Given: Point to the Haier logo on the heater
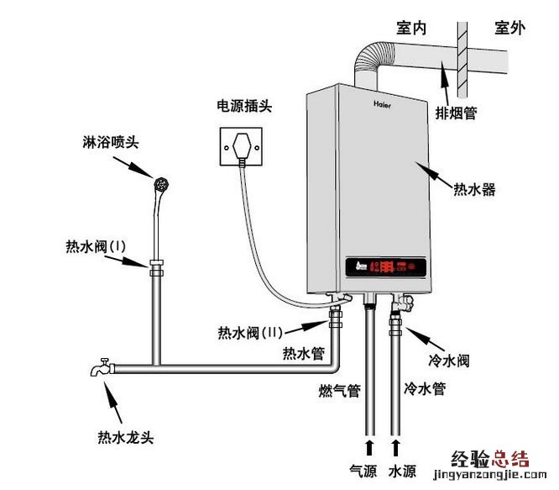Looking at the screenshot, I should coord(384,106).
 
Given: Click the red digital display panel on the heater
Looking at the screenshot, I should coord(389,268).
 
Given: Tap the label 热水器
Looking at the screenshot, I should coord(474,190).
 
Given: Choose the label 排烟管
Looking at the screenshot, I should coord(456,113).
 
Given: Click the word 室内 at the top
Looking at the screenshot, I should coord(411,29).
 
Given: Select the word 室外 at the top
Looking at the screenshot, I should coord(509,29).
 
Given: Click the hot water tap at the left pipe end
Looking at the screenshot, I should coord(102,367).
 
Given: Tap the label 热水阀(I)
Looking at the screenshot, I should coord(95,247).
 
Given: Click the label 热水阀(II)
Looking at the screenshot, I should coord(249,331).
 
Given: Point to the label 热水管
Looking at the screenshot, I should coord(303,353).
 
